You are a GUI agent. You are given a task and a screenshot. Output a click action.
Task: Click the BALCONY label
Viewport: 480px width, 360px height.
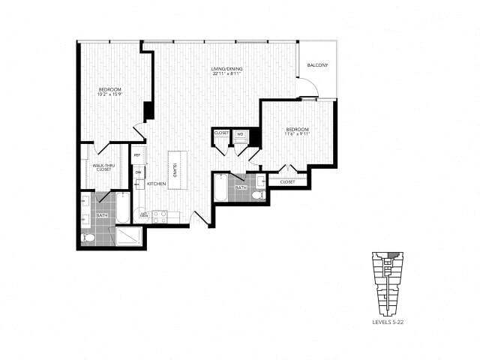(x=318, y=65)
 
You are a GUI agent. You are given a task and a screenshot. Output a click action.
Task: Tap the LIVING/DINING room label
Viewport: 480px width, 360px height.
(x=226, y=70)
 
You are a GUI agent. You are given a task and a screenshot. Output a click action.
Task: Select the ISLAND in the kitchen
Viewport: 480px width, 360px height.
(x=175, y=169)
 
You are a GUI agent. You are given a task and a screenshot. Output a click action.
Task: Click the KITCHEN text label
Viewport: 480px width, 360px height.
(x=156, y=183)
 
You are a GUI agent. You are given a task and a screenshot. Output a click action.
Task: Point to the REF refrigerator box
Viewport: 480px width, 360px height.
(x=137, y=157)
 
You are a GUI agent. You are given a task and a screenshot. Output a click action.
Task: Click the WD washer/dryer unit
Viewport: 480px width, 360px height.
(x=241, y=134)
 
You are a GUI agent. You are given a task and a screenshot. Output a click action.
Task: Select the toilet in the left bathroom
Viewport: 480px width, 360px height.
(x=88, y=238)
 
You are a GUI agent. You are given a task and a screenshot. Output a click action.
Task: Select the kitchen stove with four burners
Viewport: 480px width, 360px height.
(x=160, y=216)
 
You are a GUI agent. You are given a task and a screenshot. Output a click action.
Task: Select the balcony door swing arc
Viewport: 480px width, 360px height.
(x=307, y=88)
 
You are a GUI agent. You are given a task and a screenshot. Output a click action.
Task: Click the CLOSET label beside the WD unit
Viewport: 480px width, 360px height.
(x=221, y=133)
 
